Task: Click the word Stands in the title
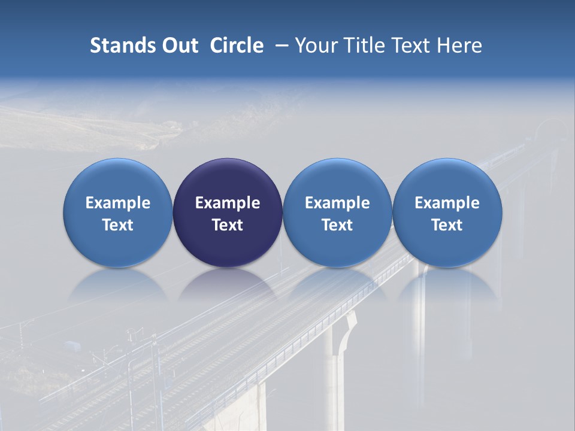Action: [x=123, y=45]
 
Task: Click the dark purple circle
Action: [x=228, y=180]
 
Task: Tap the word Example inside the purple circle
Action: [x=228, y=203]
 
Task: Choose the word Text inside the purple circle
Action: [x=228, y=225]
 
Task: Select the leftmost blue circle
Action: [x=118, y=180]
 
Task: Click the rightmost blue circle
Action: [x=447, y=180]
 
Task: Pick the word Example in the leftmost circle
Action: [x=118, y=203]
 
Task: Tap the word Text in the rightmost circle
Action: [x=447, y=225]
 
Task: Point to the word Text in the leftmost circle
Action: [x=118, y=225]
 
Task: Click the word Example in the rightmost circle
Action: [x=447, y=203]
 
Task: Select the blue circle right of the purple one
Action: [x=337, y=180]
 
